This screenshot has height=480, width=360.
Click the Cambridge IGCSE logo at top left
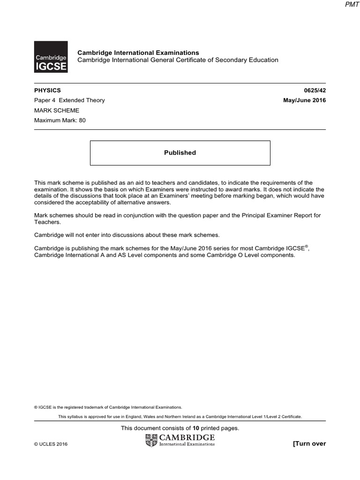[51, 57]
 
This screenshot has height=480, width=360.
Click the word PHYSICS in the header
[47, 90]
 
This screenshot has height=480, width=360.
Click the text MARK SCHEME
[57, 110]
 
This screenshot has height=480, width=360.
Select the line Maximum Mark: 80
[60, 120]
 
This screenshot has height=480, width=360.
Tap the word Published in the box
[180, 153]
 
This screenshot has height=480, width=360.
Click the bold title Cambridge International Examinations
[138, 52]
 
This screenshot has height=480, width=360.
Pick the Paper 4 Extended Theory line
[69, 100]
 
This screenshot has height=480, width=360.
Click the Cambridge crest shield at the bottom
[152, 440]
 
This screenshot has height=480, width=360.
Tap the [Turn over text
[309, 443]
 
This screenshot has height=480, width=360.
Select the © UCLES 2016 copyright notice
[51, 444]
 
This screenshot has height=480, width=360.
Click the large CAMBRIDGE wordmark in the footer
[187, 437]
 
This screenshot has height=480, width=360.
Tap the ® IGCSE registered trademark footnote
[108, 407]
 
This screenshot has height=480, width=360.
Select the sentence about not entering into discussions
[127, 234]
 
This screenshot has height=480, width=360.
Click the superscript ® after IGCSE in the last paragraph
[307, 246]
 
